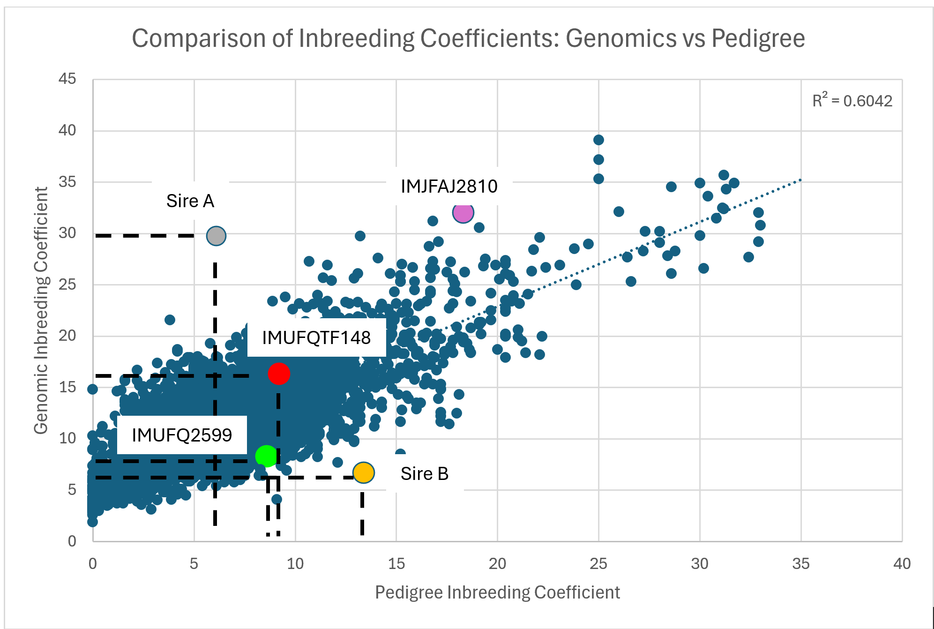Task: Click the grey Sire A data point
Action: [216, 236]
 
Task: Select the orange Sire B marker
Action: [363, 472]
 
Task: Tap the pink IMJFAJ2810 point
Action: [463, 213]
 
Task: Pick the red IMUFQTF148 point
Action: [279, 374]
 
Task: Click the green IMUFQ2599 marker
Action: [266, 456]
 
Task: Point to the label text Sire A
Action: [190, 201]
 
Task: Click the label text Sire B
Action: [424, 474]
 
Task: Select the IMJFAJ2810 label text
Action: [448, 187]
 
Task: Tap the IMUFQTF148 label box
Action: [316, 337]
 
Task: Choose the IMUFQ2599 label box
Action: [181, 435]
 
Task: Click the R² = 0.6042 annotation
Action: [852, 101]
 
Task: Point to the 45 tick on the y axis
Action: [67, 79]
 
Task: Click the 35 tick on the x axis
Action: [800, 563]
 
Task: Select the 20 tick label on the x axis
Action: [497, 563]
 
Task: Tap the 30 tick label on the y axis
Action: [67, 233]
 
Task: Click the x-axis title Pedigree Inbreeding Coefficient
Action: [497, 592]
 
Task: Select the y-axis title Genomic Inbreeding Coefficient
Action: [41, 310]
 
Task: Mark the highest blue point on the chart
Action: [598, 140]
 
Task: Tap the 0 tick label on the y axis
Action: [72, 541]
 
